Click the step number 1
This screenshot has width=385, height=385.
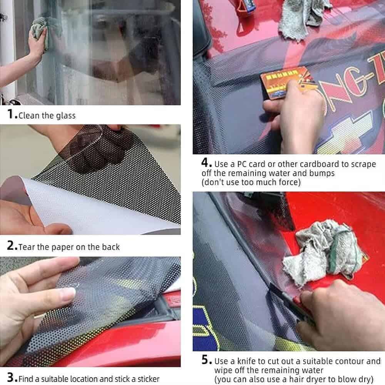[10, 114]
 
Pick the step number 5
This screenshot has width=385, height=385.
[206, 360]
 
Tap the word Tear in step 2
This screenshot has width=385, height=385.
[27, 247]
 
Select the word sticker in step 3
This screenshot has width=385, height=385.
[148, 379]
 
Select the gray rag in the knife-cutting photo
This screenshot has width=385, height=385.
[325, 253]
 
